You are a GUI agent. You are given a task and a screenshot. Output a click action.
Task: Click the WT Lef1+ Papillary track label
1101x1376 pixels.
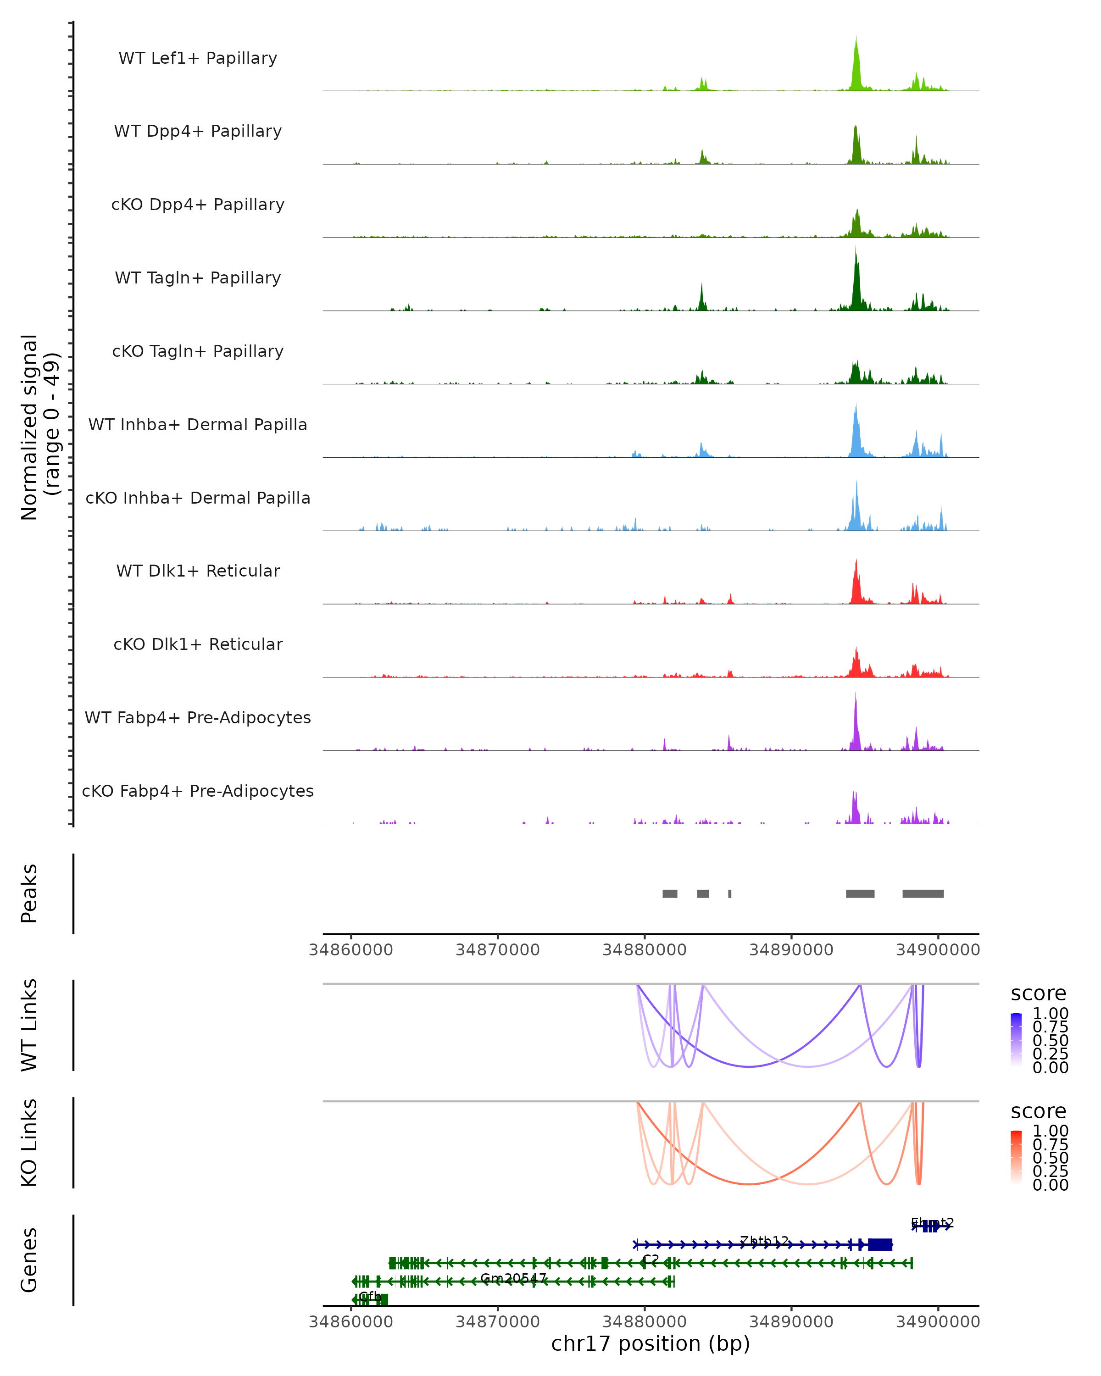(198, 58)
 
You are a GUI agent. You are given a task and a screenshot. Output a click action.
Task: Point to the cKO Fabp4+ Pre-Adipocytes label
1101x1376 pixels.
(198, 791)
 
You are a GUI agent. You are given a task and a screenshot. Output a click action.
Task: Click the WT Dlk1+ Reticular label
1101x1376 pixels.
(198, 571)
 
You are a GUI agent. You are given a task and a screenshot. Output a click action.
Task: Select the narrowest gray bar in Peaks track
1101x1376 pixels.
(729, 893)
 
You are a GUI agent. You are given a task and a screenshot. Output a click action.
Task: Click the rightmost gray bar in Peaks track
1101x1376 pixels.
(923, 893)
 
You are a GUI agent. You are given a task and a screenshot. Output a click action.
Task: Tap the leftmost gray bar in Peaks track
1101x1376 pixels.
(669, 893)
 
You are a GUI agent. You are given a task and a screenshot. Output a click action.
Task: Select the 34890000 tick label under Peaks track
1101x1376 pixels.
(791, 950)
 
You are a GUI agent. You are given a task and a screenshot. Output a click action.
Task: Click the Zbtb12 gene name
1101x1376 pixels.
(764, 1241)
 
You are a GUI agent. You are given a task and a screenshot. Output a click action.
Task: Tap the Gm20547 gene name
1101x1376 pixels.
(513, 1278)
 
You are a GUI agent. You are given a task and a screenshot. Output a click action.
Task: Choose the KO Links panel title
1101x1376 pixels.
(29, 1143)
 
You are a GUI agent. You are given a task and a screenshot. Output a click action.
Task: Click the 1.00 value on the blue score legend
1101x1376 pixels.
(1050, 1014)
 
